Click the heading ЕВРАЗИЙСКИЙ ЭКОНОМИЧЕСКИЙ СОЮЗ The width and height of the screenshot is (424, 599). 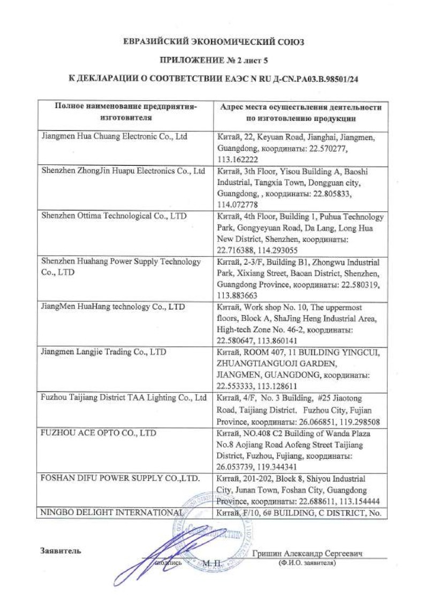click(213, 42)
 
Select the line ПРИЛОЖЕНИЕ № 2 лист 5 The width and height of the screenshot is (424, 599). click(213, 60)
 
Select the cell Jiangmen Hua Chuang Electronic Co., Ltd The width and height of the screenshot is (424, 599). click(115, 136)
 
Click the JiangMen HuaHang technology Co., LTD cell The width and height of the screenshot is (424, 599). click(113, 307)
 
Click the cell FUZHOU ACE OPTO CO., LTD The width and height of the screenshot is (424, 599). click(99, 433)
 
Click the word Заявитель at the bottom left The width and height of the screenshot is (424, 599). click(61, 551)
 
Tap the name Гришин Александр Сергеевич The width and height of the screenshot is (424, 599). click(307, 554)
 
